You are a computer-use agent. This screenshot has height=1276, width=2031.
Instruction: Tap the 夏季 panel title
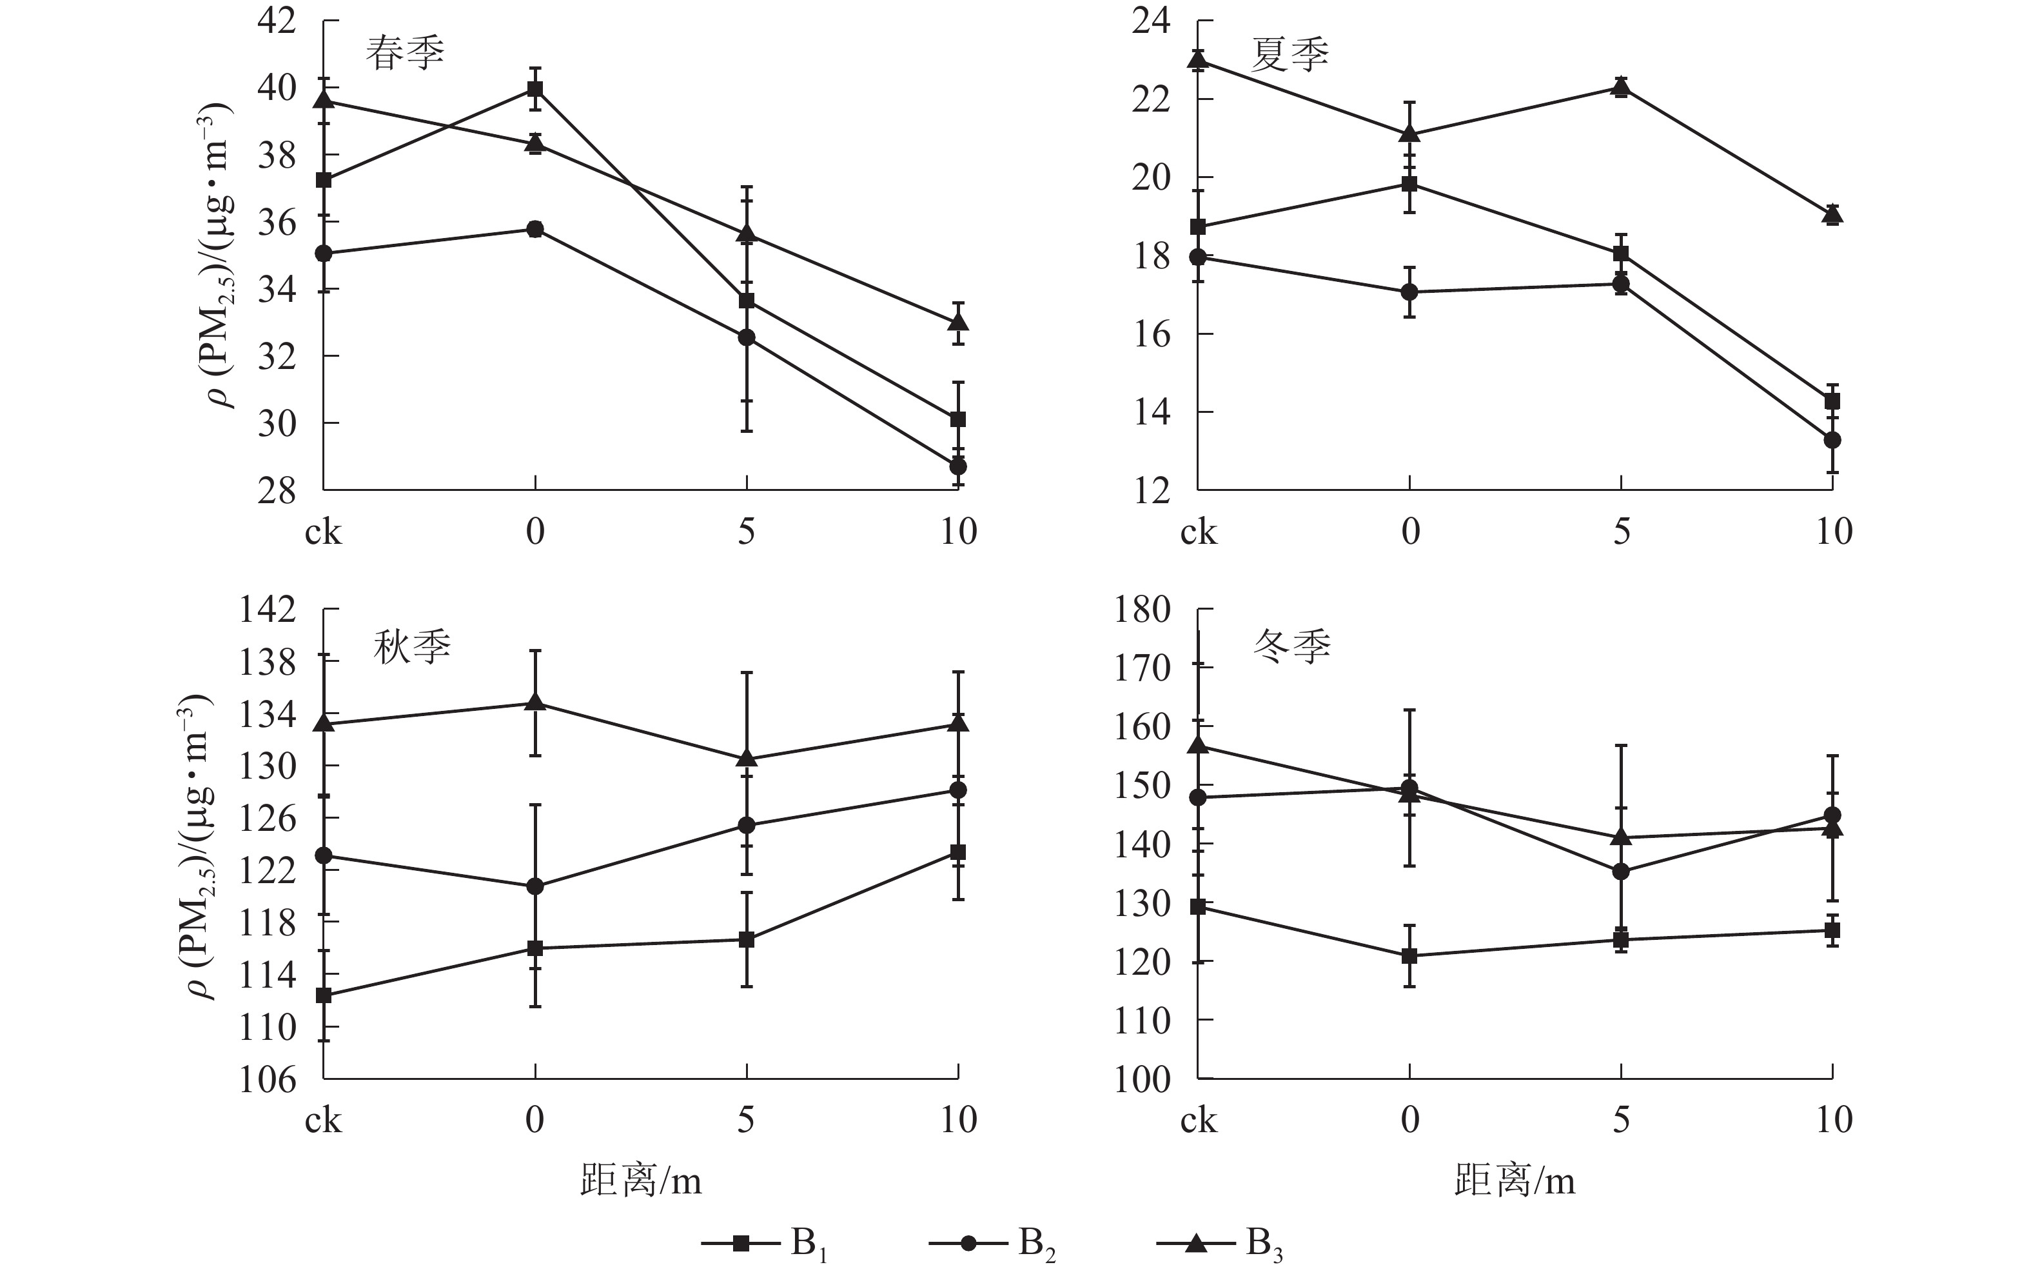coord(1289,54)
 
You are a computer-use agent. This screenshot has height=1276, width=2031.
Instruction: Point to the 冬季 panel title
coord(1291,646)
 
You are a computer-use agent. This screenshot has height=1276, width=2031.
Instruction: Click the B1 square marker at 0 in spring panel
coord(535,88)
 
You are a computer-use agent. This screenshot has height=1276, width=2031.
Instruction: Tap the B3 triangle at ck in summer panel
coord(1198,59)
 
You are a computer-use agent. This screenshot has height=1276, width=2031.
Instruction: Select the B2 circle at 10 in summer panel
coord(1832,440)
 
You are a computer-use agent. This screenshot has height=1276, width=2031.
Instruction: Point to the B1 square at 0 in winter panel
coord(1409,956)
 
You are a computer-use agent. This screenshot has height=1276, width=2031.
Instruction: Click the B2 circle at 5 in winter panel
coord(1621,872)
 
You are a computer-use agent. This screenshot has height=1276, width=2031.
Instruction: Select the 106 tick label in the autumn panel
coord(268,1079)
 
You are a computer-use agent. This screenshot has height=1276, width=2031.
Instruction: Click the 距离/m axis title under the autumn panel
coord(641,1180)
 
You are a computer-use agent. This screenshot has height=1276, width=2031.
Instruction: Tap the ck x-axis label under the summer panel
coord(1198,532)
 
